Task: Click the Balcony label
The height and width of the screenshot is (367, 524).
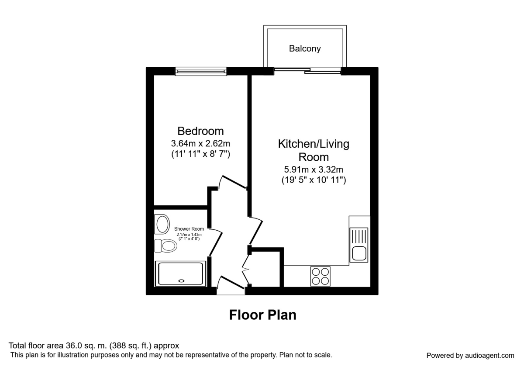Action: (304, 48)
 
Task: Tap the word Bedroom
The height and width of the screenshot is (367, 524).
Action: (200, 131)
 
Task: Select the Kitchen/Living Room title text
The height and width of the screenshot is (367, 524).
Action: (314, 150)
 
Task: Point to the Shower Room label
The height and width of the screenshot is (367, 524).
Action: (189, 229)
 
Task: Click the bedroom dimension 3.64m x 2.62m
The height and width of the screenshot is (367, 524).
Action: (200, 143)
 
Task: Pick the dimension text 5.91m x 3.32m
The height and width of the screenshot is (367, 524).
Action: (314, 169)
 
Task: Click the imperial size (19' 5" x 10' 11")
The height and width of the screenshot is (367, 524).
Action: (314, 180)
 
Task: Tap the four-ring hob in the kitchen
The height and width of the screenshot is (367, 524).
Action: (321, 276)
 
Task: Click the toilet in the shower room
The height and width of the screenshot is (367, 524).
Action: (166, 246)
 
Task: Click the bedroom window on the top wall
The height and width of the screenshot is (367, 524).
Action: (201, 71)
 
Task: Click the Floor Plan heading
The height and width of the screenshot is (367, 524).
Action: (262, 315)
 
